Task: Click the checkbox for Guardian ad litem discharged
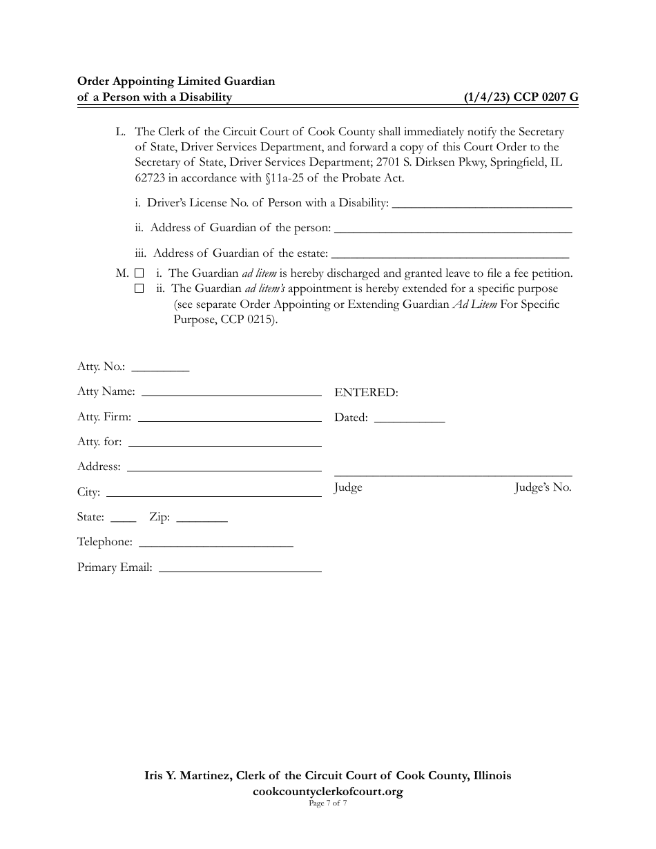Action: point(139,274)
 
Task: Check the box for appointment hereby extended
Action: point(139,289)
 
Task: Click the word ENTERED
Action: point(366,393)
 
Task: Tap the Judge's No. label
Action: point(543,488)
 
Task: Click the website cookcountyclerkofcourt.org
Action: point(328,792)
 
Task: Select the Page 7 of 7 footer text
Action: point(328,803)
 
